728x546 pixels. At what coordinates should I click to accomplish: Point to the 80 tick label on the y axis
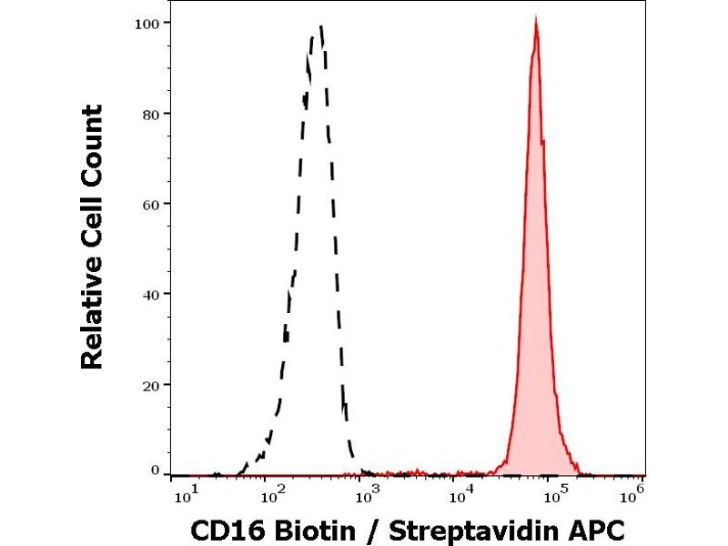click(154, 114)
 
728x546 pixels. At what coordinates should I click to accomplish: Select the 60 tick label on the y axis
click(154, 204)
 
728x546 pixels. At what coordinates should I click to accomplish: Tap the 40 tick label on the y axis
click(154, 294)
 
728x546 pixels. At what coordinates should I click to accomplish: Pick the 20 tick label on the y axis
click(154, 384)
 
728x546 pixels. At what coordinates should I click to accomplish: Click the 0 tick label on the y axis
click(157, 470)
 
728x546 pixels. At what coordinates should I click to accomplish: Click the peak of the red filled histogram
click(536, 19)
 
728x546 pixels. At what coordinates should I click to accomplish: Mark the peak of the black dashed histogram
click(320, 27)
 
